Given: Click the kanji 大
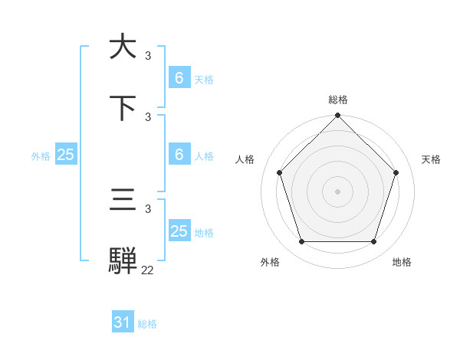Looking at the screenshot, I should point(123,47).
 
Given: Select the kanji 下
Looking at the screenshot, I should point(123,108).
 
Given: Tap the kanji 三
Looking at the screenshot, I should point(123,201).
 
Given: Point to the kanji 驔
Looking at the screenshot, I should point(123,260).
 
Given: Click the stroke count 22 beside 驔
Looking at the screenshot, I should point(147,270).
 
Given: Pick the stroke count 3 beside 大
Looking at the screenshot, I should point(148,56).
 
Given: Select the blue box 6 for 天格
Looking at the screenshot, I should point(179,78).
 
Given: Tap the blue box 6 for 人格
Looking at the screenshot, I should point(179,155).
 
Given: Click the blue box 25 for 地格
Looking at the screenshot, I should point(179,231).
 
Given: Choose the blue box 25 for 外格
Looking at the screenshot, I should point(66,155).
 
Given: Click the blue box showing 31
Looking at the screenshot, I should point(123,323).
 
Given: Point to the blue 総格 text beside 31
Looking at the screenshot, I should point(147,324).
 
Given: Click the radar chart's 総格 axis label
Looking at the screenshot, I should point(338,100).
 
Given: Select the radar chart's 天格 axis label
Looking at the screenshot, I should point(432,159).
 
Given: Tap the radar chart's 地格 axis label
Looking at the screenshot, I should point(402,263).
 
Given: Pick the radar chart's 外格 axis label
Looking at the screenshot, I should point(270,263).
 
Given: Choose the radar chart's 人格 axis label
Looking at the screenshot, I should point(245,159).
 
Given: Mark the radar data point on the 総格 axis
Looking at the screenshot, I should point(337,116).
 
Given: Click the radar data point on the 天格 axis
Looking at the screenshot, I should point(396,172).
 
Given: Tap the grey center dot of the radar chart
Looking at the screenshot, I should point(337,191).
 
